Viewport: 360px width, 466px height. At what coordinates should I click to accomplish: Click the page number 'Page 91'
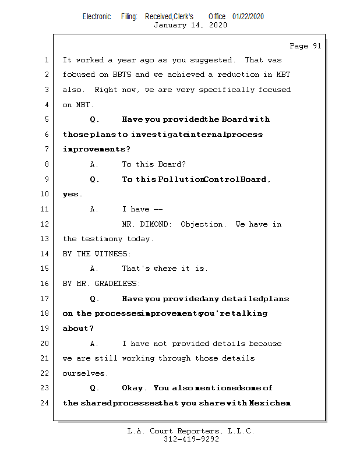pos(305,46)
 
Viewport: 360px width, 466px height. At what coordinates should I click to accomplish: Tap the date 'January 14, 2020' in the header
pos(190,25)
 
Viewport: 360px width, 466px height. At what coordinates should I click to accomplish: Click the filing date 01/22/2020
pos(248,16)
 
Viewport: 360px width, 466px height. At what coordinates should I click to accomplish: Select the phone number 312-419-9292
pos(191,440)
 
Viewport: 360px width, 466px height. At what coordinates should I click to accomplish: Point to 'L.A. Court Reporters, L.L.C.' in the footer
pos(190,432)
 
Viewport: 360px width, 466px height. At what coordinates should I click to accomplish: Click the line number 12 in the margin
pos(46,224)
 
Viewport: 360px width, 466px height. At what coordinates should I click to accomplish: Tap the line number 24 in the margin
pos(46,403)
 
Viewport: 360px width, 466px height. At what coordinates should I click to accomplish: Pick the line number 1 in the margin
pos(46,60)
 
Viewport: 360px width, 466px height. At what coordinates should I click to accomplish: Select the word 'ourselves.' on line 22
pos(85,373)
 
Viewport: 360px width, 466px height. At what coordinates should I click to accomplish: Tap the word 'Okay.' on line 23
pos(135,388)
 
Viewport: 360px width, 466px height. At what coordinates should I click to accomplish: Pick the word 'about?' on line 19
pos(78,329)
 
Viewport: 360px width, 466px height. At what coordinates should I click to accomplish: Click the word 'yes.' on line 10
pos(72,195)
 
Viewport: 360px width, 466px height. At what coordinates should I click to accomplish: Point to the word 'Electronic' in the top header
pos(97,16)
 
